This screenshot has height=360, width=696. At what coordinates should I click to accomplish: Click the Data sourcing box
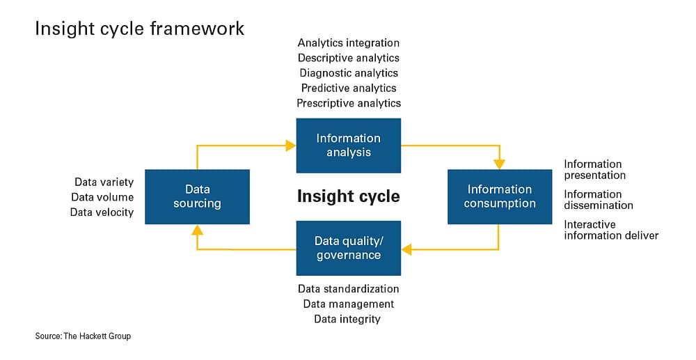pyautogui.click(x=197, y=196)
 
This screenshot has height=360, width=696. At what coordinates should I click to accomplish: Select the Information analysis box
pyautogui.click(x=349, y=145)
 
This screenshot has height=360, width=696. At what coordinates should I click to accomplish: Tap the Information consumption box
pyautogui.click(x=500, y=196)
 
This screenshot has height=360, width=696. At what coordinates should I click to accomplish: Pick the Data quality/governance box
pyautogui.click(x=349, y=248)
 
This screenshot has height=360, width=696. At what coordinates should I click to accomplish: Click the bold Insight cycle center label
pyautogui.click(x=349, y=196)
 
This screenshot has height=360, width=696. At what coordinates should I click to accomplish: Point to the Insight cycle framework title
pyautogui.click(x=140, y=29)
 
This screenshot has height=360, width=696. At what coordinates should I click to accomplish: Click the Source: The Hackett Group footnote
pyautogui.click(x=83, y=336)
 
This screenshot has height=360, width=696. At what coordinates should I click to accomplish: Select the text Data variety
pyautogui.click(x=104, y=182)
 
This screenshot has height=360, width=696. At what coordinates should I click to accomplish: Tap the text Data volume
pyautogui.click(x=102, y=197)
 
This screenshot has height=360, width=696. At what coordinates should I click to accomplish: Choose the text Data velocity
pyautogui.click(x=102, y=212)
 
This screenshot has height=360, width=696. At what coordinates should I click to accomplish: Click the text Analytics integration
pyautogui.click(x=349, y=43)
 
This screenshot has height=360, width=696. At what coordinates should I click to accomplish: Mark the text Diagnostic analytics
pyautogui.click(x=349, y=73)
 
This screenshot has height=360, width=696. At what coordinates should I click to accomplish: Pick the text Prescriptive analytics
pyautogui.click(x=349, y=103)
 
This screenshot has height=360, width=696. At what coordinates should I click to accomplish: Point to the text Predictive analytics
pyautogui.click(x=349, y=88)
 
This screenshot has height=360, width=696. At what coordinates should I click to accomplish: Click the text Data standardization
pyautogui.click(x=349, y=289)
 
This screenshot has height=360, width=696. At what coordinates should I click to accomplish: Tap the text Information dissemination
pyautogui.click(x=599, y=200)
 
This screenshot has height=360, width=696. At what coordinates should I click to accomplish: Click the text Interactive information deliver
pyautogui.click(x=611, y=230)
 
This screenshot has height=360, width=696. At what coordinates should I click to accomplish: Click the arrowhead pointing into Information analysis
pyautogui.click(x=291, y=146)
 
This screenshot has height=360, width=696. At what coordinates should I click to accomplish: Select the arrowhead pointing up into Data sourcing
pyautogui.click(x=198, y=229)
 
